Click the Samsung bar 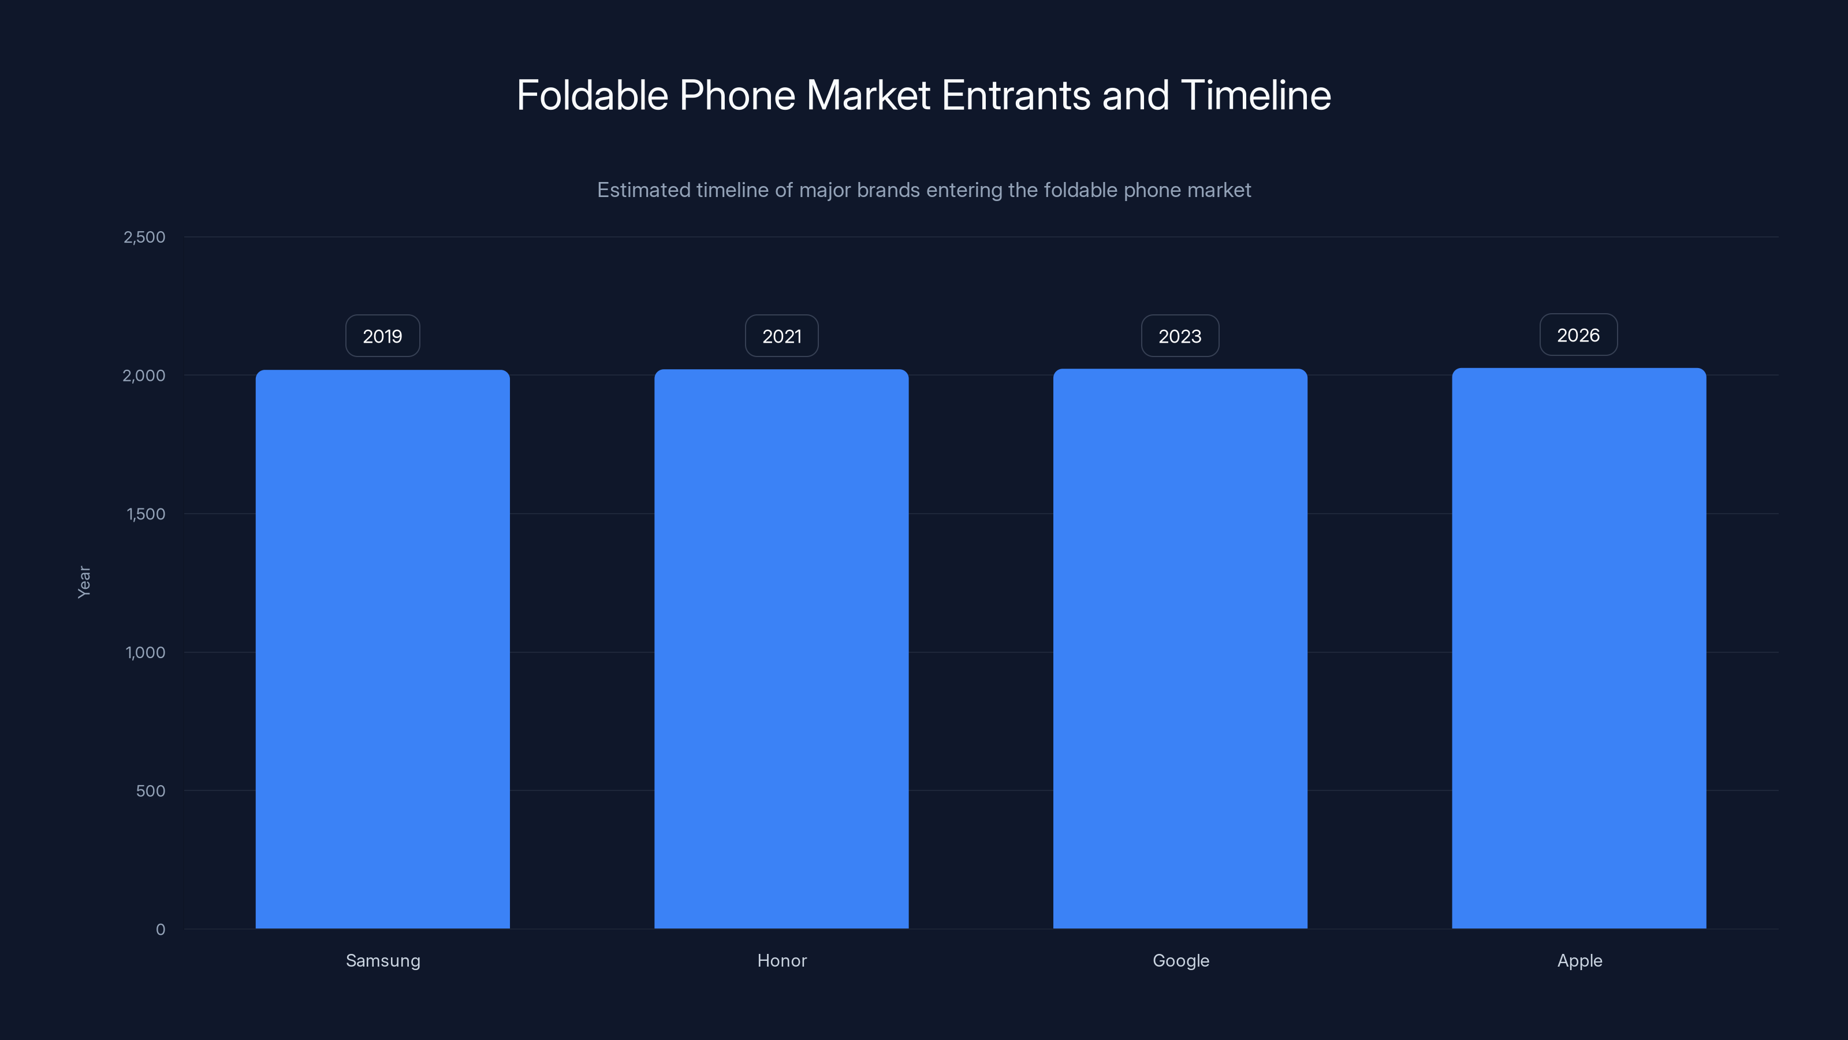[x=382, y=649]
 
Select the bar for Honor [x=781, y=649]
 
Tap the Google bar [x=1180, y=649]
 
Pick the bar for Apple [x=1579, y=649]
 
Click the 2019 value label [x=382, y=336]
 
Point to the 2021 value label [x=781, y=336]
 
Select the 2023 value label [x=1180, y=336]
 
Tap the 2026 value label [x=1578, y=335]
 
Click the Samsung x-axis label [x=383, y=960]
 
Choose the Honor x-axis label [x=782, y=960]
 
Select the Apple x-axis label [x=1579, y=960]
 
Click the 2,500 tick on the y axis [x=144, y=237]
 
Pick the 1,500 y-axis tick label [x=146, y=514]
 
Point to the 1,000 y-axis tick [x=145, y=652]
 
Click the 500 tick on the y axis [x=151, y=791]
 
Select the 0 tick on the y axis [x=161, y=930]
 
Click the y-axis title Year [x=84, y=581]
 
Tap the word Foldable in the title [x=592, y=95]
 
